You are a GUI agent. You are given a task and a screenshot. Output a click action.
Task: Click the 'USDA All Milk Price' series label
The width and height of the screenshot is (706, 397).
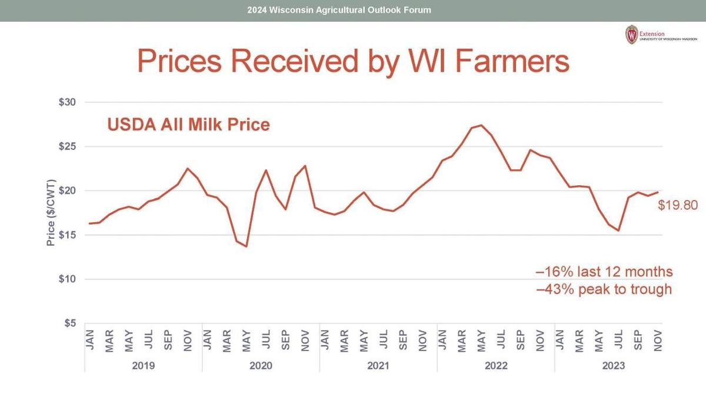click(188, 125)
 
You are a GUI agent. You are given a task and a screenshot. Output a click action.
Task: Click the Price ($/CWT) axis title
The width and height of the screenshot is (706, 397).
click(51, 212)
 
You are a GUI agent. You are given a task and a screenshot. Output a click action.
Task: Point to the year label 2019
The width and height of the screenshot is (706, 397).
click(144, 366)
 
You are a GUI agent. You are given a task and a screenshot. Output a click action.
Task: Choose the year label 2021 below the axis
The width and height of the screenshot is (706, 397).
click(378, 366)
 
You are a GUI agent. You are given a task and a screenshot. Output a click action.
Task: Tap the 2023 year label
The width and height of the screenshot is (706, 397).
click(614, 366)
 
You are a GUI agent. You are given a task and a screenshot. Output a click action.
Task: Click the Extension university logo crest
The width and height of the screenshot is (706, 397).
click(631, 35)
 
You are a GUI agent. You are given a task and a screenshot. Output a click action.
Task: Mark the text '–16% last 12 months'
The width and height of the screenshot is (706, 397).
click(604, 272)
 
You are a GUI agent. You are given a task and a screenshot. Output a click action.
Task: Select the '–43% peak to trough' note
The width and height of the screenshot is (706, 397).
click(604, 289)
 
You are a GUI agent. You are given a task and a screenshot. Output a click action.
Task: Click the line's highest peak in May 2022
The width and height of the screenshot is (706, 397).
click(481, 125)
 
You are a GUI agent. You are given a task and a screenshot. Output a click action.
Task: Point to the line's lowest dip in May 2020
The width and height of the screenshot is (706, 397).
click(246, 246)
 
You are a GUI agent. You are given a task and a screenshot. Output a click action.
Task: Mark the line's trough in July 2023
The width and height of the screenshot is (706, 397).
click(618, 231)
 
